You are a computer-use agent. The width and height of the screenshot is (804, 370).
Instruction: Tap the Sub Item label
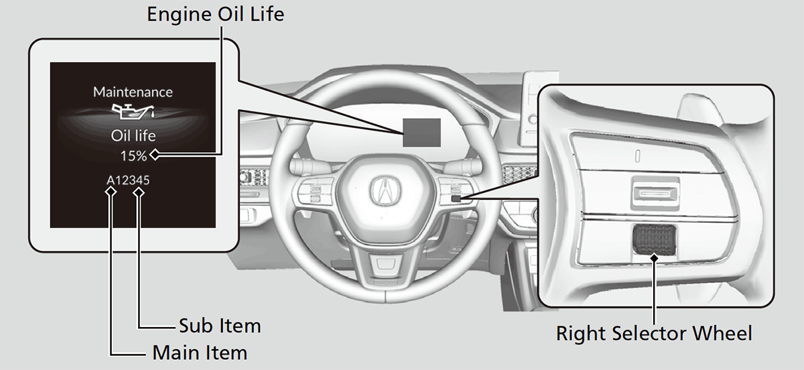click(x=220, y=326)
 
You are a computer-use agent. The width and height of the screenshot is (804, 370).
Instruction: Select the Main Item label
click(x=200, y=352)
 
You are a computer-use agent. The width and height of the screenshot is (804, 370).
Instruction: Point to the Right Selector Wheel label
click(x=655, y=332)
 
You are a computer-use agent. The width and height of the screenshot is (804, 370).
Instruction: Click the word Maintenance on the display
click(x=133, y=92)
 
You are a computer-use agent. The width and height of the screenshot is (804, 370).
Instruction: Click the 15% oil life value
click(x=133, y=156)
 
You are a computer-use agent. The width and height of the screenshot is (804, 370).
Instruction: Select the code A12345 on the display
click(x=127, y=180)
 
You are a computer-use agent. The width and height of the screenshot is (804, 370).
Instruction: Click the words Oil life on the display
click(x=133, y=136)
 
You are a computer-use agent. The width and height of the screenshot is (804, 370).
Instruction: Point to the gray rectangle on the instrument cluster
click(x=421, y=131)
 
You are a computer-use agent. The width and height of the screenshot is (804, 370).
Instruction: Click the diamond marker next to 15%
click(x=155, y=156)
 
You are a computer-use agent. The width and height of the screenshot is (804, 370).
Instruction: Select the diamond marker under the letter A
click(x=111, y=192)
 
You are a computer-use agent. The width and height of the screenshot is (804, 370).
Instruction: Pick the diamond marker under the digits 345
click(x=139, y=192)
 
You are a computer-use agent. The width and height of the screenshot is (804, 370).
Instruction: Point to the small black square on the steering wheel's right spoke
click(x=456, y=198)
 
